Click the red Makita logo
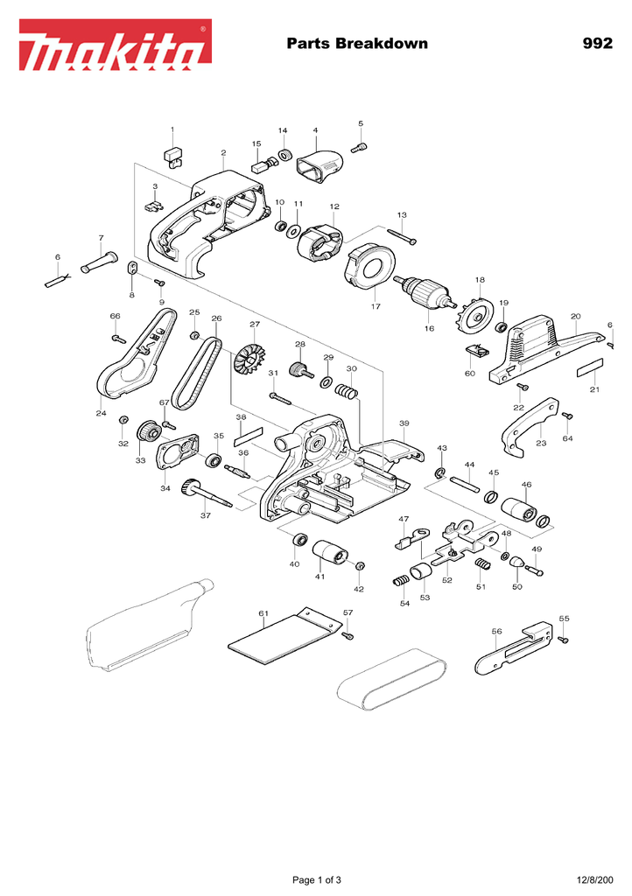point(116,45)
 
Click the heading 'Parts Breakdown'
point(357,44)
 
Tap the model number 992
point(598,44)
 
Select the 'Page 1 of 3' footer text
point(317,879)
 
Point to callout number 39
point(404,423)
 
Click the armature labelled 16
point(424,292)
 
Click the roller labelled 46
point(519,508)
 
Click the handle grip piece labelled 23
point(530,426)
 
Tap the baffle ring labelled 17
point(369,268)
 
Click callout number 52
point(446,580)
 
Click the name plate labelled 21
point(590,368)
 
